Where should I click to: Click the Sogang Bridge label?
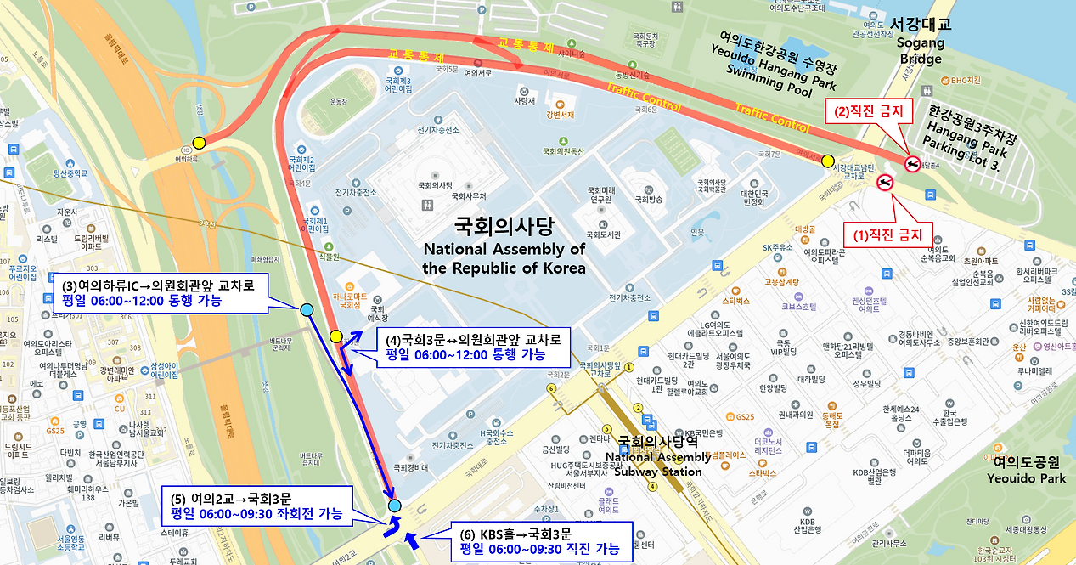(921, 42)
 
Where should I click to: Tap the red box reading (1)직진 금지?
(887, 234)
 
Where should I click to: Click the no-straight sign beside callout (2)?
(913, 164)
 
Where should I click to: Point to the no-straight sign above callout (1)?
(885, 183)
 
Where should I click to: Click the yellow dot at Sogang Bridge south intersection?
(827, 161)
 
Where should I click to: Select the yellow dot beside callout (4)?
(335, 336)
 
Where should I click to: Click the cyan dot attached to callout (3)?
(307, 309)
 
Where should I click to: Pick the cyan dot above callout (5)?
(394, 506)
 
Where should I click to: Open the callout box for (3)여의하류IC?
(164, 292)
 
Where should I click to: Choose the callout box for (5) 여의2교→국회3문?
(256, 506)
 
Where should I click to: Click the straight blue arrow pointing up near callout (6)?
(413, 540)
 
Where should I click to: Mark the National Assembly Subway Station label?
(659, 456)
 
